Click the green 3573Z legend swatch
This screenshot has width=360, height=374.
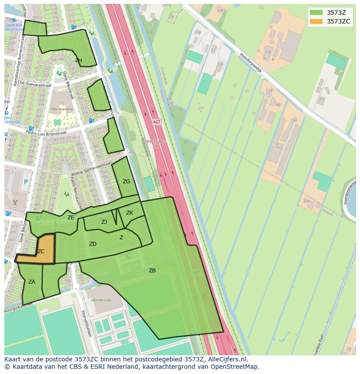(316, 13)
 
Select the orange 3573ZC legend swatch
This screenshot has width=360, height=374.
(316, 21)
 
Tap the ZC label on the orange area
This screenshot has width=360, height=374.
(40, 252)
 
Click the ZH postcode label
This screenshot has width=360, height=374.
(78, 60)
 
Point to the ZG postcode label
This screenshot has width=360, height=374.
(126, 182)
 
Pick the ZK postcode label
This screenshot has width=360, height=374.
(130, 213)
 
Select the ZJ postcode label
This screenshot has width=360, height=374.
(104, 222)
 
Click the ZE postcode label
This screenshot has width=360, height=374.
(70, 218)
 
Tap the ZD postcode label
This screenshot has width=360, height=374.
(93, 244)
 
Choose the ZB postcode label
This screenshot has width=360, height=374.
(152, 271)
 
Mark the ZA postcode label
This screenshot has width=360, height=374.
(32, 282)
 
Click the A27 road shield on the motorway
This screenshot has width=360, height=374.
(157, 122)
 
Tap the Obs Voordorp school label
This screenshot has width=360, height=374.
(61, 109)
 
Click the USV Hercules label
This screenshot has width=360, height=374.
(101, 300)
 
